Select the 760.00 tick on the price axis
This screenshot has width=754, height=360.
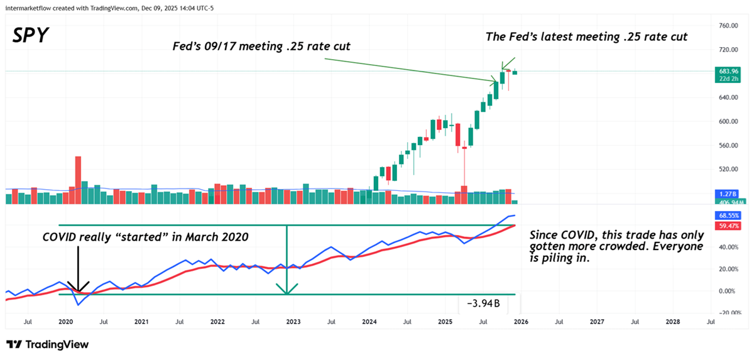point(729,26)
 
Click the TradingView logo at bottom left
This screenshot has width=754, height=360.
point(48,344)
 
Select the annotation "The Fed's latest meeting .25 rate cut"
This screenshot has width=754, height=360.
point(586,37)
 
